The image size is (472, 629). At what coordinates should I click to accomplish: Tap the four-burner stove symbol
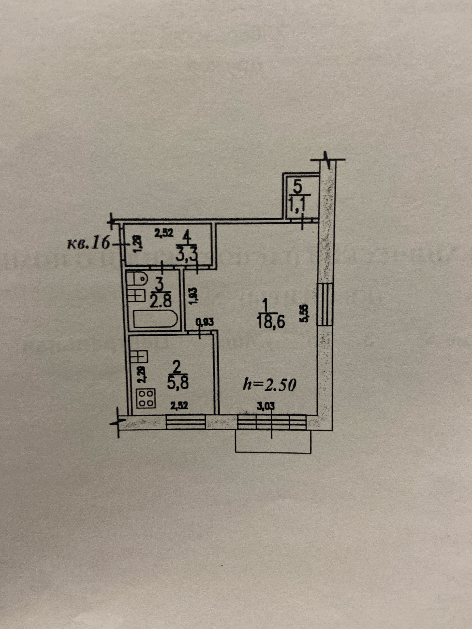tap(146, 399)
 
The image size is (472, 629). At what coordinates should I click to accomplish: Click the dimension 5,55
tap(304, 313)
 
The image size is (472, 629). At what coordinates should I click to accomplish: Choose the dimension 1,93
tap(192, 296)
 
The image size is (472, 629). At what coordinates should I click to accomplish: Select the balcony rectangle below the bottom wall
tap(273, 442)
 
